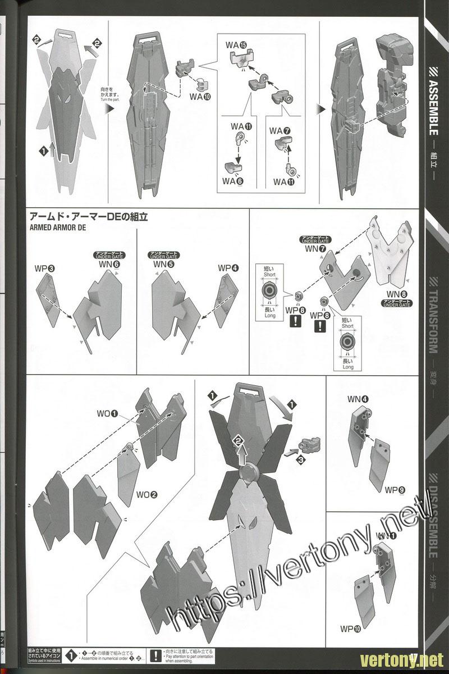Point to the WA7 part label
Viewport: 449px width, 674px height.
pos(280,131)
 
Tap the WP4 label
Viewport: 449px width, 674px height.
pos(227,268)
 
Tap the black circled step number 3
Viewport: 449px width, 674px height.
pos(301,459)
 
